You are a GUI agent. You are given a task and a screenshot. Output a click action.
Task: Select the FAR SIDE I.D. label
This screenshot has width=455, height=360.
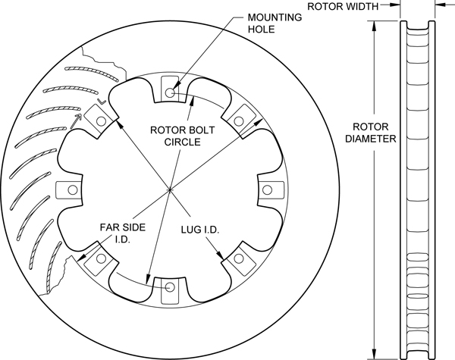tap(117, 233)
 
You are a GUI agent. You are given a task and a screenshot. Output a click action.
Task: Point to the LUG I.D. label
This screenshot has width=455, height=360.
tap(199, 227)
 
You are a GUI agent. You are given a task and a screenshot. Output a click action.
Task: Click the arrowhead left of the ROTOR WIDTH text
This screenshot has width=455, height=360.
tap(397, 8)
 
